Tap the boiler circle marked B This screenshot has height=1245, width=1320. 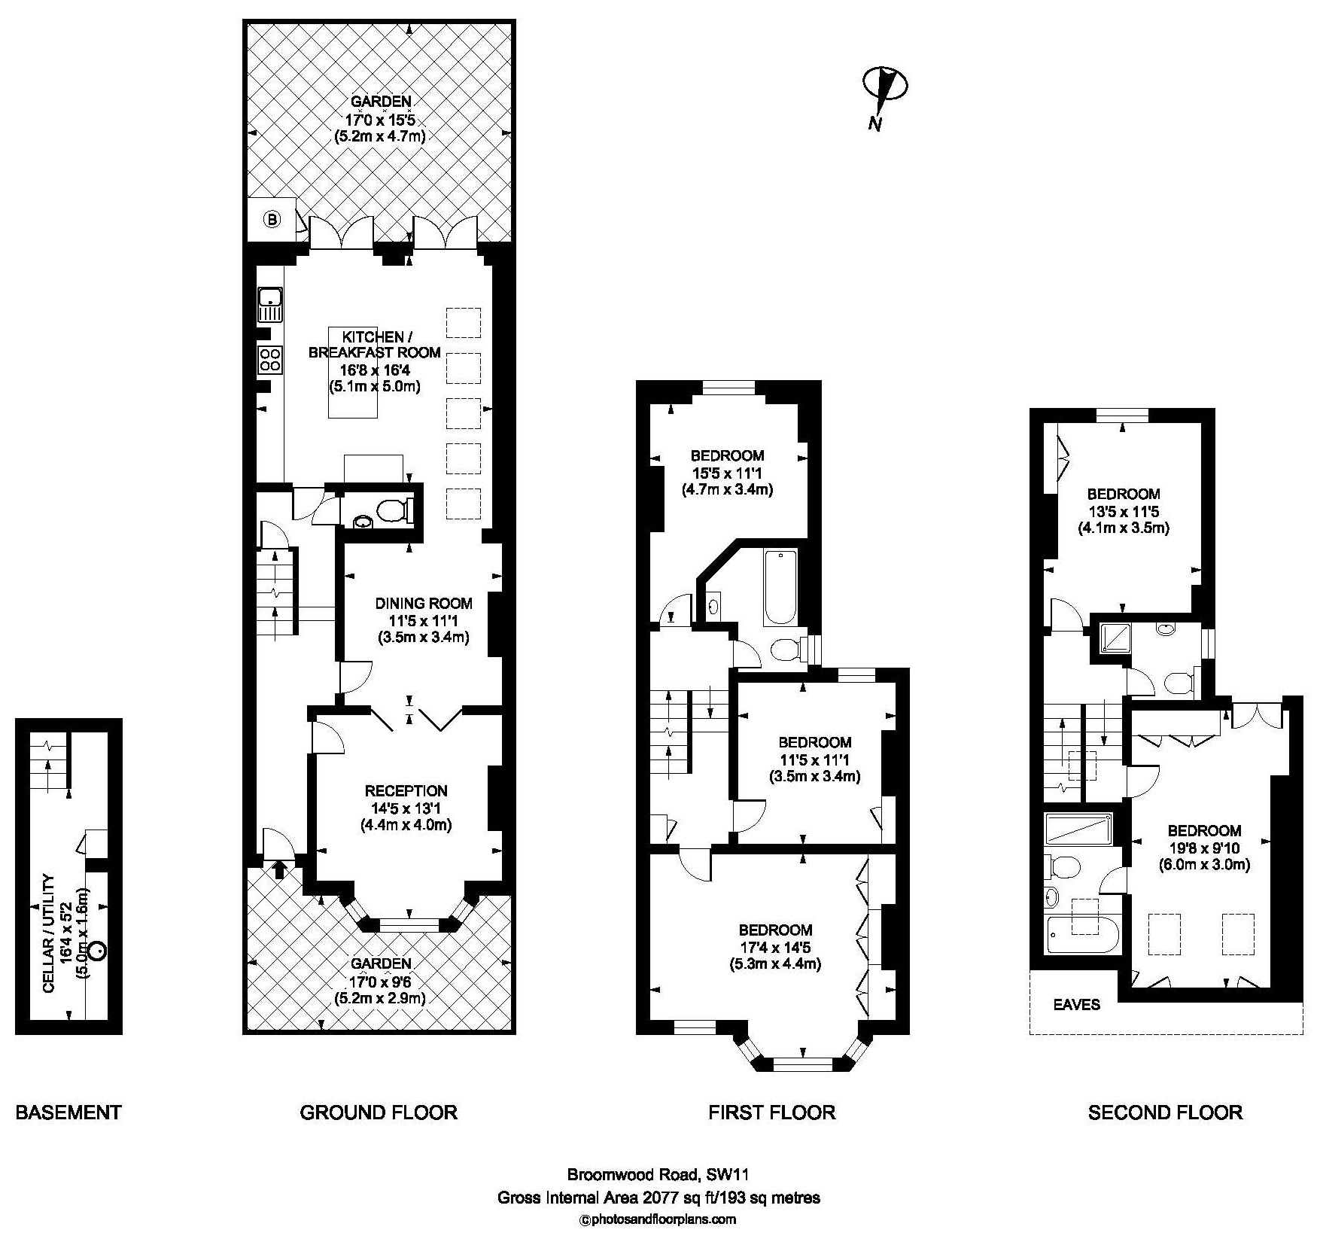click(x=272, y=220)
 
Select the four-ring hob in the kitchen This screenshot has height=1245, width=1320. click(x=270, y=359)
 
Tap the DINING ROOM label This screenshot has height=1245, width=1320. click(x=424, y=603)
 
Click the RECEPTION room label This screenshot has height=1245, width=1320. click(x=406, y=790)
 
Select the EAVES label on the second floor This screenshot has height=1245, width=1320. click(x=1076, y=1004)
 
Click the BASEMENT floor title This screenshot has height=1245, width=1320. click(x=68, y=1112)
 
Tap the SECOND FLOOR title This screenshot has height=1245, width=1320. click(x=1165, y=1112)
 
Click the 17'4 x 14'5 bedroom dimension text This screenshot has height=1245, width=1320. click(x=775, y=947)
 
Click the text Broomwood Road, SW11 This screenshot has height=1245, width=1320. click(x=658, y=1173)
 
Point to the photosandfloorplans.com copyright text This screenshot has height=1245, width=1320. click(x=658, y=1219)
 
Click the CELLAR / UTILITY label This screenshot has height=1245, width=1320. click(x=50, y=934)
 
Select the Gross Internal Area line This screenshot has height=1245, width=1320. click(x=658, y=1197)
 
